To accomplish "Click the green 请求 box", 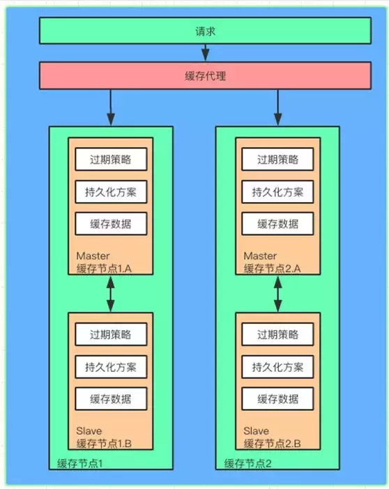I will point(204,31).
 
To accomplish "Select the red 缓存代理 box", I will point(204,76).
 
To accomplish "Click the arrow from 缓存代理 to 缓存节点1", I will point(110,108).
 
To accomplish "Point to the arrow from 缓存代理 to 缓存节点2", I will point(278,108).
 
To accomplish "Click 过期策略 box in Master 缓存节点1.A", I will point(110,159).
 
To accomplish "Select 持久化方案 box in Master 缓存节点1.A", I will point(110,192).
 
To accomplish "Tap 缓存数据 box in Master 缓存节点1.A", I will point(110,224).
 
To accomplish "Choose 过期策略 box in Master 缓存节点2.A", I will point(277,159).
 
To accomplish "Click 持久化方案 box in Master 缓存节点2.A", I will point(277,192).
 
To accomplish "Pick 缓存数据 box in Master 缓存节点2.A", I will point(277,224).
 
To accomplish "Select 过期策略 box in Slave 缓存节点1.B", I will point(110,333).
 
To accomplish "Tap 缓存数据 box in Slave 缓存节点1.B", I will point(110,398).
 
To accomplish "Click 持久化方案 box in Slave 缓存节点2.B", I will point(277,366).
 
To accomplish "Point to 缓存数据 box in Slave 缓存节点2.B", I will point(277,398).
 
